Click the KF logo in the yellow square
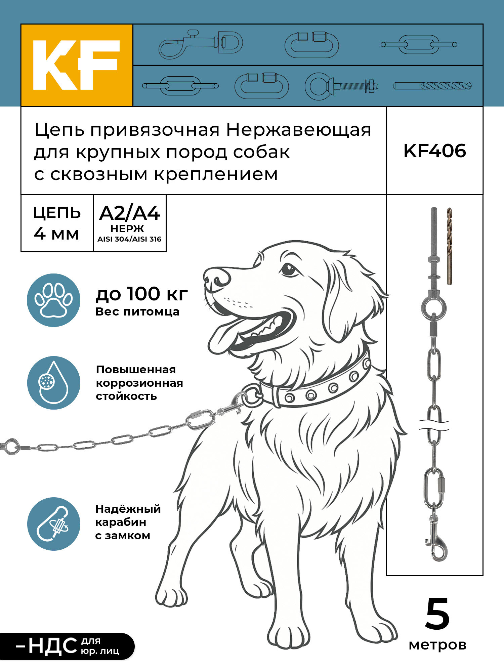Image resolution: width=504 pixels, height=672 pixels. point(77,65)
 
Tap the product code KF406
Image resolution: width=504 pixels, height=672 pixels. point(434,151)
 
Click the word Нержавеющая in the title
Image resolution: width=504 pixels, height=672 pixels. point(298,130)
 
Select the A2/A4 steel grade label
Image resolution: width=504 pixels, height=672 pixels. point(130,213)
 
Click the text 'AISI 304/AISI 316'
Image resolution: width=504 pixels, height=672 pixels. point(130,239)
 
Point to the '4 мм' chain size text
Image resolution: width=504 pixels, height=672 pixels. point(56,234)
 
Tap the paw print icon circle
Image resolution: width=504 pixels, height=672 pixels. point(54,300)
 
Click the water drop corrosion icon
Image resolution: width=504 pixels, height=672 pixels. point(54,383)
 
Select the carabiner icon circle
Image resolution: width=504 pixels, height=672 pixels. point(54,524)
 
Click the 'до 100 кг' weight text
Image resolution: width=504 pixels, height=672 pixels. point(142,294)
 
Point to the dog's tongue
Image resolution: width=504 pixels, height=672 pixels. point(224,336)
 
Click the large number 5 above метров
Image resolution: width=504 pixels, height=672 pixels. point(437,614)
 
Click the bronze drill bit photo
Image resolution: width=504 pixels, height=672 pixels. point(449,246)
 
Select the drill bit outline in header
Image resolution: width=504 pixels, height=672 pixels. point(432,86)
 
